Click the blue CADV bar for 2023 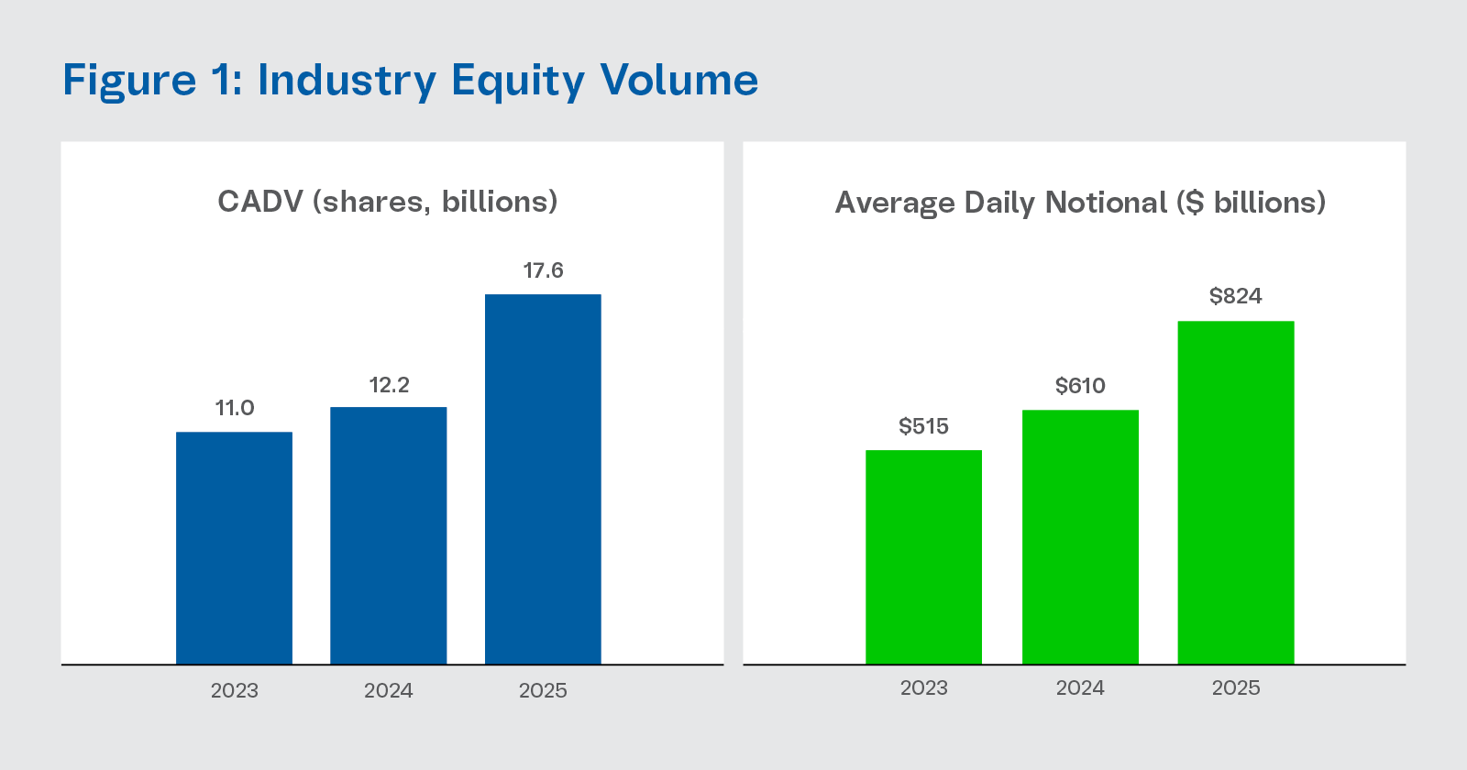click(x=234, y=548)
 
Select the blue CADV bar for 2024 click(x=388, y=535)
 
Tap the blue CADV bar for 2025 click(x=543, y=478)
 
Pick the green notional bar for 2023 click(x=923, y=557)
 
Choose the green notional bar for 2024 click(x=1080, y=537)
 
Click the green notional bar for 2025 click(x=1235, y=492)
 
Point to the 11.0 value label click(x=235, y=408)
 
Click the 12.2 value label click(x=389, y=385)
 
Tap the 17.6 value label click(x=543, y=270)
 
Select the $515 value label click(x=923, y=426)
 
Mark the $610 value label click(x=1080, y=386)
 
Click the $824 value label click(x=1235, y=296)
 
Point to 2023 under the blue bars click(x=234, y=690)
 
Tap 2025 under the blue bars click(x=543, y=690)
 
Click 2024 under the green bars click(x=1080, y=687)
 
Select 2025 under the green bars click(x=1235, y=687)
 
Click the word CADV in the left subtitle click(x=259, y=202)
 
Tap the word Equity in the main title click(x=517, y=81)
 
